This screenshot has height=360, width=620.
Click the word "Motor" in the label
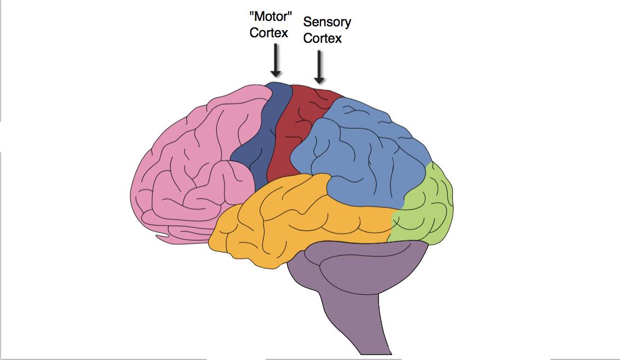click(268, 16)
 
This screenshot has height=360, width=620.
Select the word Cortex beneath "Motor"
click(268, 32)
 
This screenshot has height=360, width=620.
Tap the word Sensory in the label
click(327, 22)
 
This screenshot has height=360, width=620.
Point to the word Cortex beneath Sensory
click(323, 38)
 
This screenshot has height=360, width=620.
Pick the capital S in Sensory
click(308, 22)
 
